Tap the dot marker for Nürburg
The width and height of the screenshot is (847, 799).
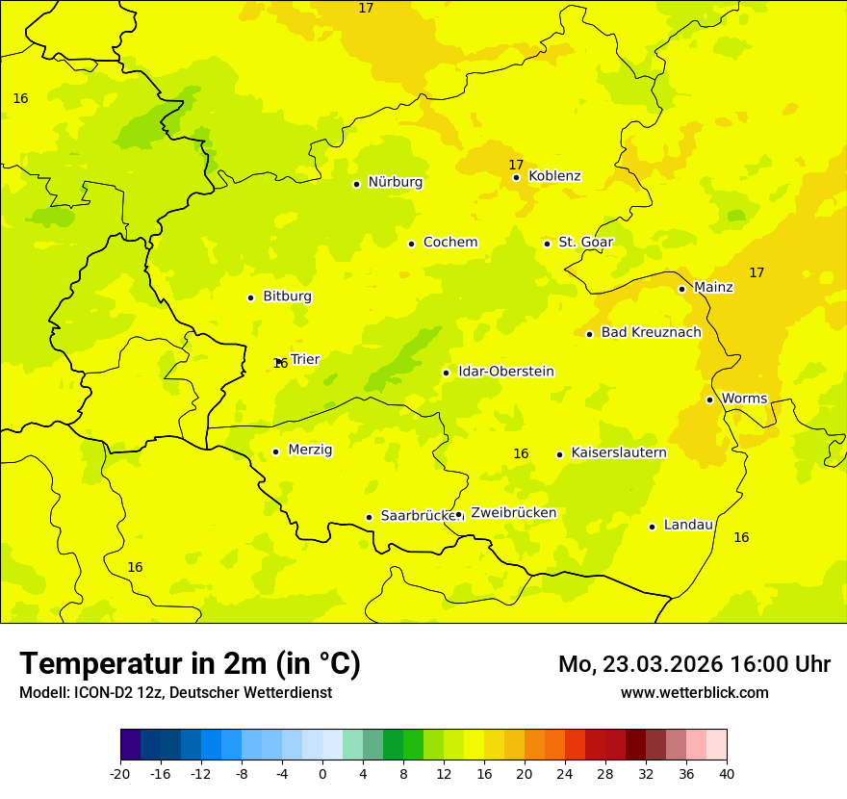(356, 184)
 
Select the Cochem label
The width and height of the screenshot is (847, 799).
(450, 243)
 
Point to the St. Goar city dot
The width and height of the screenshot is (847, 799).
(547, 244)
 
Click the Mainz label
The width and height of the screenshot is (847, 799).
(713, 288)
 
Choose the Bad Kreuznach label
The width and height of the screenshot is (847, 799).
(651, 333)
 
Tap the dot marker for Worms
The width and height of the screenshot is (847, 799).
(709, 399)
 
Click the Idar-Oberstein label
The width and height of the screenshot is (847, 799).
(505, 372)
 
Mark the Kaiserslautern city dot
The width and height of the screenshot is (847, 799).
(559, 454)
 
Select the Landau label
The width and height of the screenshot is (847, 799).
(688, 526)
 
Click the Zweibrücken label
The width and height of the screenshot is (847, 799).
(513, 513)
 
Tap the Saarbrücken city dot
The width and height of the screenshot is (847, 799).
(369, 517)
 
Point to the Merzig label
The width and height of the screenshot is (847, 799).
(310, 451)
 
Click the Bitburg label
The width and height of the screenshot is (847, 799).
(287, 296)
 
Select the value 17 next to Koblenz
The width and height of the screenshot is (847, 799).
(516, 166)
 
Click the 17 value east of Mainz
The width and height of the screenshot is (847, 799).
(757, 273)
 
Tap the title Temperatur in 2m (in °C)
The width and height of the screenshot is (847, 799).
(190, 664)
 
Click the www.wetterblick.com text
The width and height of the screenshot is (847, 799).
(694, 692)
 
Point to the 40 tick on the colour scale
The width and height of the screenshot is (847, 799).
(726, 773)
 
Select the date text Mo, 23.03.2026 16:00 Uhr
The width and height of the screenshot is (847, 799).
(694, 664)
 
